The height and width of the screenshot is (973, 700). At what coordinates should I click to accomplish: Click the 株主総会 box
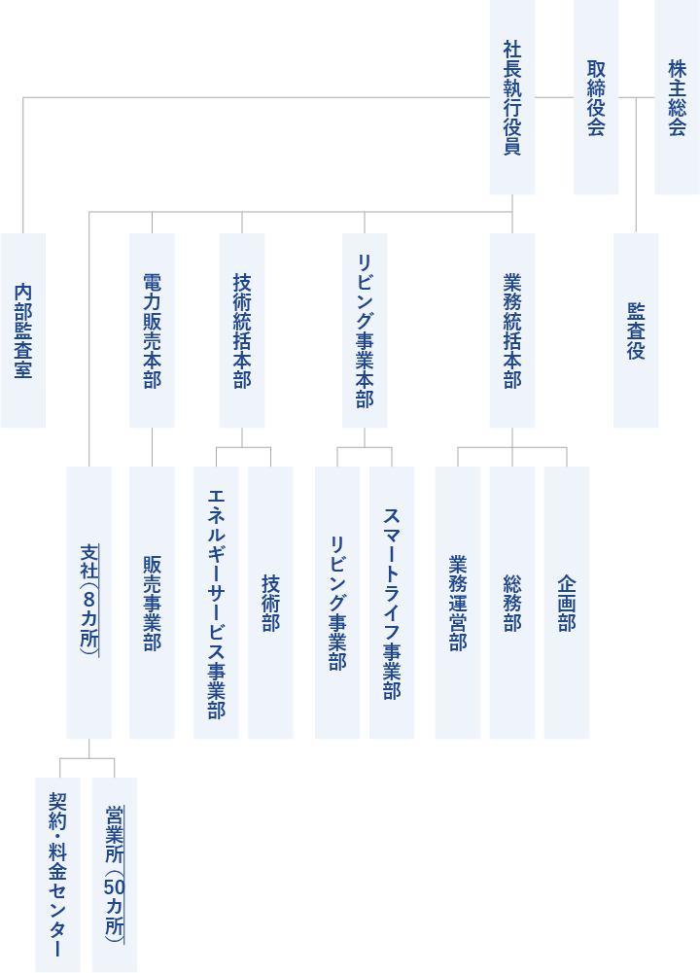click(x=677, y=97)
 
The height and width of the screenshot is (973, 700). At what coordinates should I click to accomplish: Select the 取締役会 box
click(x=596, y=97)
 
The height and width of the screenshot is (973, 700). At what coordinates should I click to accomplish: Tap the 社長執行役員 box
click(x=511, y=97)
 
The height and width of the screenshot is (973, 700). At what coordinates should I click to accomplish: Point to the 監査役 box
click(x=636, y=330)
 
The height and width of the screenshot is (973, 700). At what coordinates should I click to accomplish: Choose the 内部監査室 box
click(x=22, y=330)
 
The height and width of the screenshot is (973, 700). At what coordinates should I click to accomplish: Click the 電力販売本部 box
click(x=152, y=330)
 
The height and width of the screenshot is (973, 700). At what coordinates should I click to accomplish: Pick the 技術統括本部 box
click(x=242, y=330)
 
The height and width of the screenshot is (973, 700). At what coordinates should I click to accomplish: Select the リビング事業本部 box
click(x=365, y=330)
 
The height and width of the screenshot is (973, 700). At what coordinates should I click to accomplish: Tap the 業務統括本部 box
click(x=511, y=330)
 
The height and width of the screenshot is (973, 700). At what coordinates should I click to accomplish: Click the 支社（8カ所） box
click(x=88, y=603)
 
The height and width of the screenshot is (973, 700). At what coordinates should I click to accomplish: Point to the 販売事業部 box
click(x=152, y=603)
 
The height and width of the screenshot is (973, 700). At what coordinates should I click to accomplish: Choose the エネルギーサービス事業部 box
click(x=216, y=603)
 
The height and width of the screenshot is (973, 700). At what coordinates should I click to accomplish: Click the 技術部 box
click(x=270, y=603)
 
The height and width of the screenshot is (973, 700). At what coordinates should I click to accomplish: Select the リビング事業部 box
click(x=337, y=603)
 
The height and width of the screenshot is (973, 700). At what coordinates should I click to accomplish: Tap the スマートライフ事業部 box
click(x=392, y=603)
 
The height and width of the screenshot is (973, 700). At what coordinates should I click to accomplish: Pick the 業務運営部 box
click(x=457, y=603)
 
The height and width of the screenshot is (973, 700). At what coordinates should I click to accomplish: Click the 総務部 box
click(x=511, y=603)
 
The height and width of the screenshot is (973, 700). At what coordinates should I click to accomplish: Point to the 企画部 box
click(x=566, y=603)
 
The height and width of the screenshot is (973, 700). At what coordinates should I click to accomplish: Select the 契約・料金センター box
click(x=57, y=875)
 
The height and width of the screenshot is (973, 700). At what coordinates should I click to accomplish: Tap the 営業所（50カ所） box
click(x=114, y=875)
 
